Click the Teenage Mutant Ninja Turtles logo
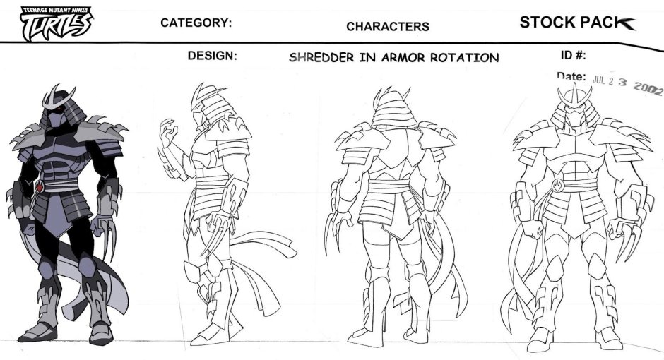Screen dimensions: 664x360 [56, 24]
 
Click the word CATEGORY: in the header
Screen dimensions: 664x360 [196, 23]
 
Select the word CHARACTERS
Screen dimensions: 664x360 [388, 27]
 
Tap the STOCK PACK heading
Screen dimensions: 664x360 [577, 23]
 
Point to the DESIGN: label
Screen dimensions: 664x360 [212, 56]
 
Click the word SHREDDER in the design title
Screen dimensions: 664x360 [321, 58]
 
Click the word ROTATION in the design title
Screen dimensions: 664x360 [465, 58]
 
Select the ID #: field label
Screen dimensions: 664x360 [574, 55]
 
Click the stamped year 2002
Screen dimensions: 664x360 [647, 88]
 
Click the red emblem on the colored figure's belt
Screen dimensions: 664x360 [40, 186]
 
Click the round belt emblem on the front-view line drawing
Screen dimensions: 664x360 [558, 185]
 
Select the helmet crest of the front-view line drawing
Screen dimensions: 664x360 [575, 97]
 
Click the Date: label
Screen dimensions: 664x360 [571, 76]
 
